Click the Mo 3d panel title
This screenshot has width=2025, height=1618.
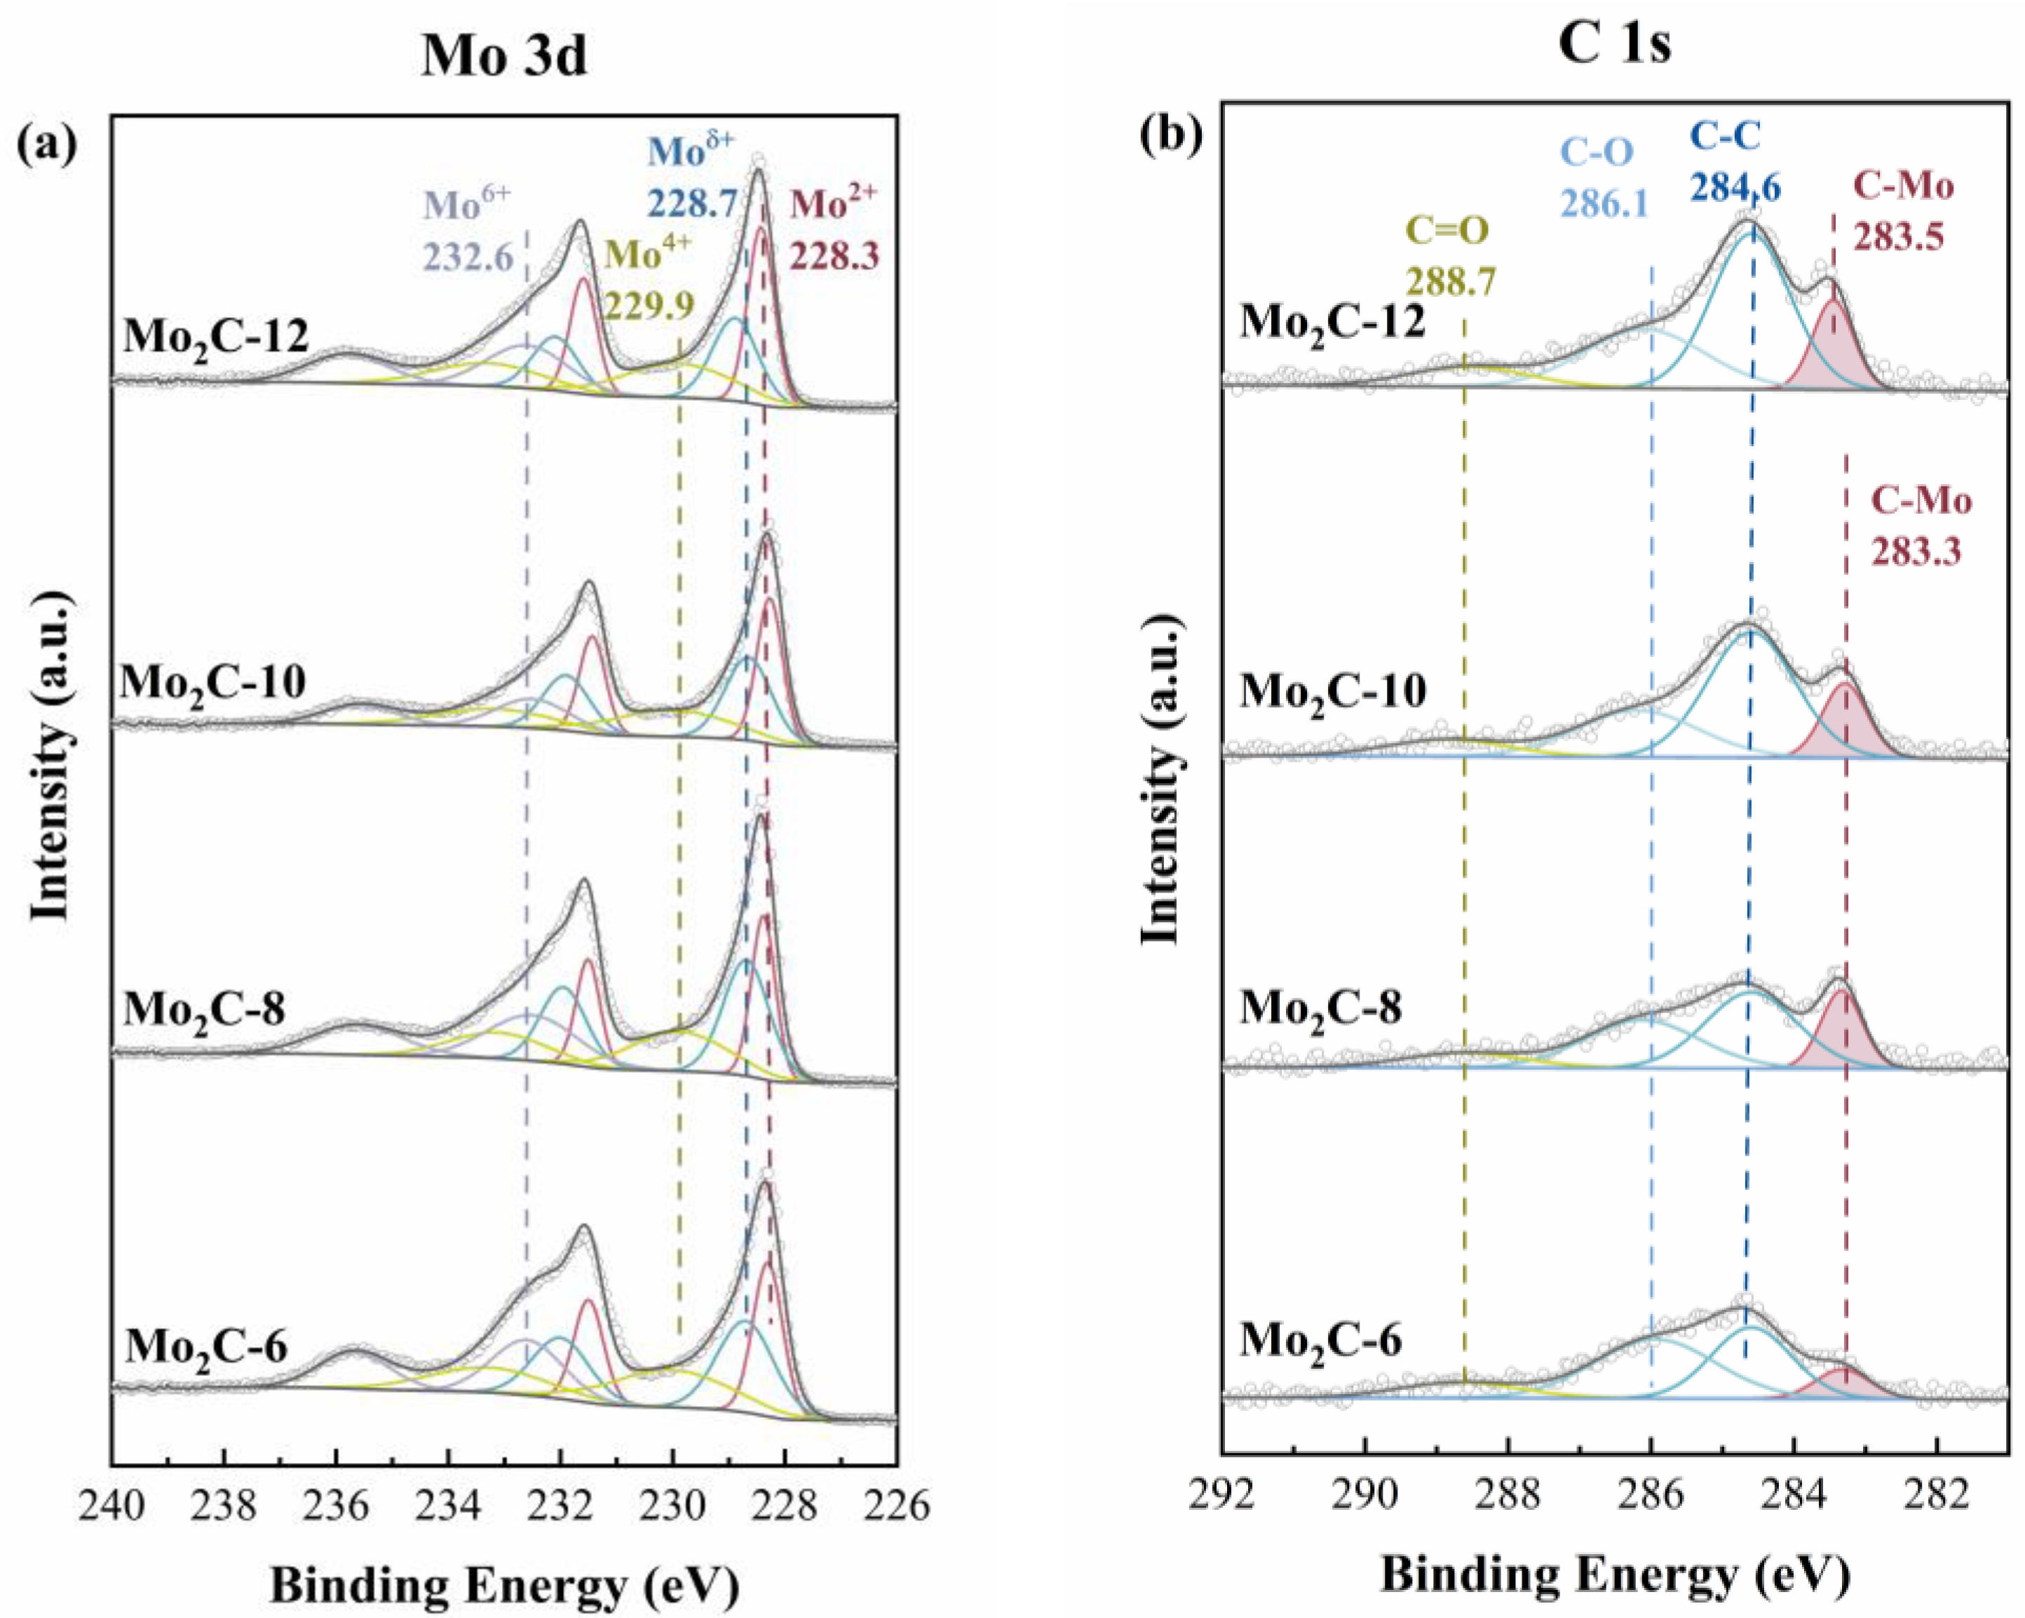503,56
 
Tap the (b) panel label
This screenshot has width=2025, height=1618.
1170,136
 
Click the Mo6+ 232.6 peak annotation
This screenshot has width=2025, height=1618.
468,231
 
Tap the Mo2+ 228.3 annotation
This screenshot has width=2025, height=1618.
834,230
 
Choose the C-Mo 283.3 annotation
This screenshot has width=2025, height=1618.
1921,526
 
